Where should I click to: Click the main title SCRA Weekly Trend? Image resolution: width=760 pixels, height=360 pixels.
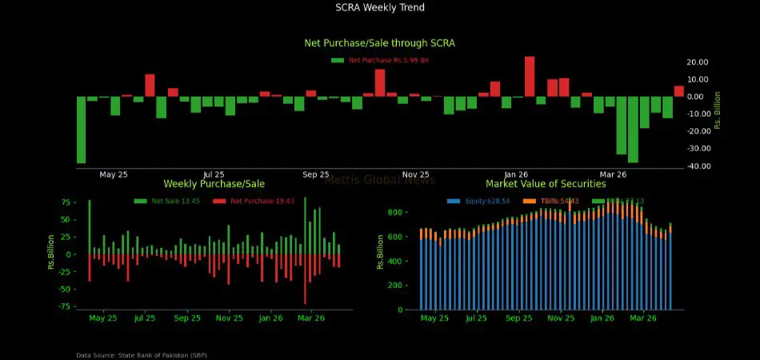(380, 7)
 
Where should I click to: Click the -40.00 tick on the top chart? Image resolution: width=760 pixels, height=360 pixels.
(698, 166)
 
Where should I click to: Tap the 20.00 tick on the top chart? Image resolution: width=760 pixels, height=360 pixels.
(698, 62)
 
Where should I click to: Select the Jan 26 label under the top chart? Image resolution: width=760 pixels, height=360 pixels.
(516, 174)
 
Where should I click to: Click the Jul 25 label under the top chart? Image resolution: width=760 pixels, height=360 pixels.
(214, 174)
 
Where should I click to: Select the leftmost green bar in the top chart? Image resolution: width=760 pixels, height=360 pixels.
(81, 130)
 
